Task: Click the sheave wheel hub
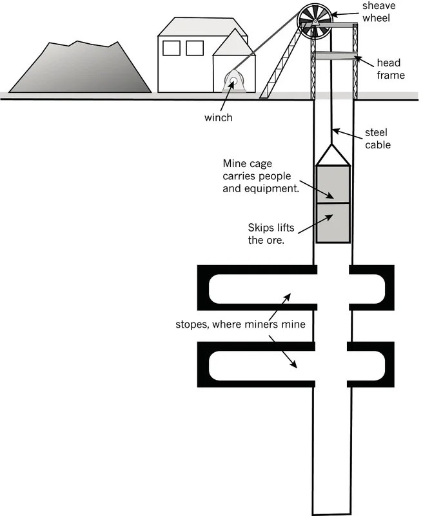[316, 21]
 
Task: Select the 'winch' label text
[219, 118]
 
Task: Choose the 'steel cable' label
[377, 139]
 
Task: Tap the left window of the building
[172, 48]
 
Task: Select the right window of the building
[195, 48]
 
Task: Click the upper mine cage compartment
[333, 184]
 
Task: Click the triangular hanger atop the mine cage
[333, 155]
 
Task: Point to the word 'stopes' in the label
[191, 324]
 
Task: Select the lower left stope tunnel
[258, 365]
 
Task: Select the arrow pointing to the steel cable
[349, 134]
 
